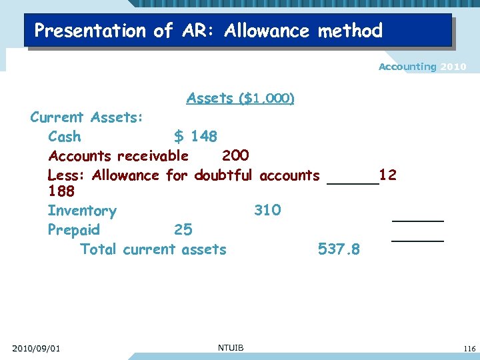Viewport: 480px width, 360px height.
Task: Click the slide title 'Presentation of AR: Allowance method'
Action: point(208,31)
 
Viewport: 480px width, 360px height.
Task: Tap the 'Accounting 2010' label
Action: point(422,67)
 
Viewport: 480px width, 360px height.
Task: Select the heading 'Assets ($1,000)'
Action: point(241,99)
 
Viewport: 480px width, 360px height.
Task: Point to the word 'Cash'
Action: point(65,137)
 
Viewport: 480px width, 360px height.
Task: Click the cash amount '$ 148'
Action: point(195,137)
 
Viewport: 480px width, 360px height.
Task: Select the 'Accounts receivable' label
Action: point(118,156)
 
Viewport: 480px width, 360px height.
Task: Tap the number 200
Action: point(235,155)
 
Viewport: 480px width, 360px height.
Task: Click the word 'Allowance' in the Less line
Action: point(125,175)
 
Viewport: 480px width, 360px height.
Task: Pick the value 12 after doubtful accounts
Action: point(387,175)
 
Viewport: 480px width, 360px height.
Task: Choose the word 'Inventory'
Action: point(82,211)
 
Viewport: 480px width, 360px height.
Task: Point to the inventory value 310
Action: point(267,211)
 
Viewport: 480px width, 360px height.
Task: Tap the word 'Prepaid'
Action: point(74,230)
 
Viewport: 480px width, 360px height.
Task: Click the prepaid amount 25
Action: point(183,230)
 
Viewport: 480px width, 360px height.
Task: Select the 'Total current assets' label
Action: point(153,249)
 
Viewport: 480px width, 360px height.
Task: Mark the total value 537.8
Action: point(339,249)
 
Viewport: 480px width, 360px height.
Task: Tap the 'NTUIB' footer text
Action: point(231,347)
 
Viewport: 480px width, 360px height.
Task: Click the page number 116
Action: point(468,349)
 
